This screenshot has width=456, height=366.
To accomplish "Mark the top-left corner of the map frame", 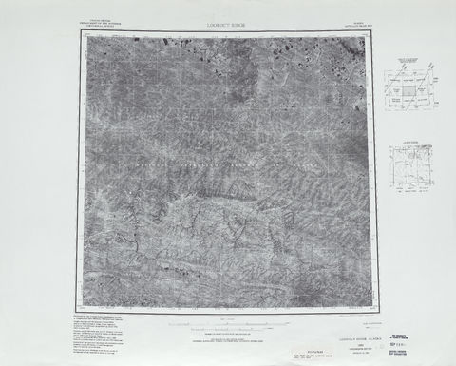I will click(79, 29).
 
